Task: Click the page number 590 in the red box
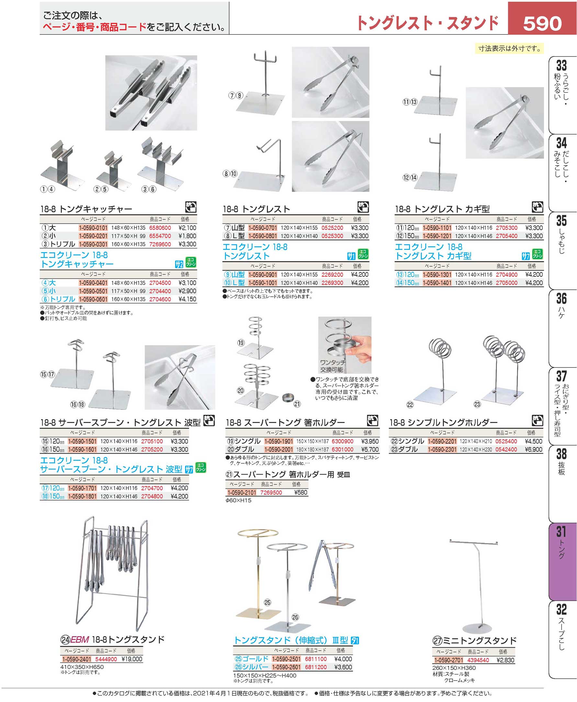point(542,23)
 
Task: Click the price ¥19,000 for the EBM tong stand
point(132,659)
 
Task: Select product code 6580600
point(160,228)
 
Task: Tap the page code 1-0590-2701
point(448,660)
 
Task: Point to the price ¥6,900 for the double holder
point(534,450)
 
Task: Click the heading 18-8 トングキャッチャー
point(86,209)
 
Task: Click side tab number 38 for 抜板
point(561,454)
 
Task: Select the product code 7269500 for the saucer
point(271,492)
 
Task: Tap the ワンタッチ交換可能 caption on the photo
point(332,366)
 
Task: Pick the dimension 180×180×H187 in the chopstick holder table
point(312,450)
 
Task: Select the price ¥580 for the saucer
point(300,492)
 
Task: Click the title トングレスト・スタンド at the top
point(427,23)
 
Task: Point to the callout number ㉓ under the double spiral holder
point(477,404)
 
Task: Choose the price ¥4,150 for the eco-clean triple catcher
point(187,299)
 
